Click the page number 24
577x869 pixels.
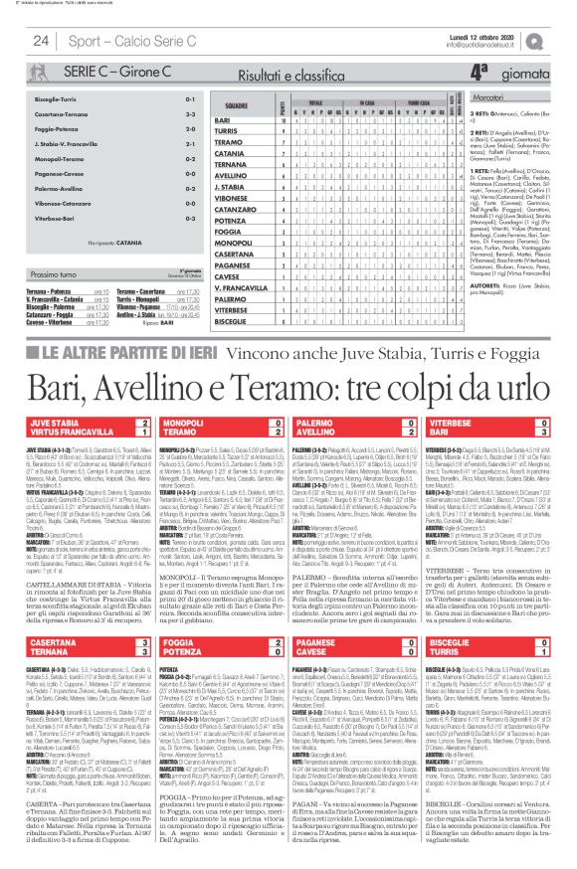[41, 41]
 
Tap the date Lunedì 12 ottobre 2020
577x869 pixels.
[507, 36]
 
